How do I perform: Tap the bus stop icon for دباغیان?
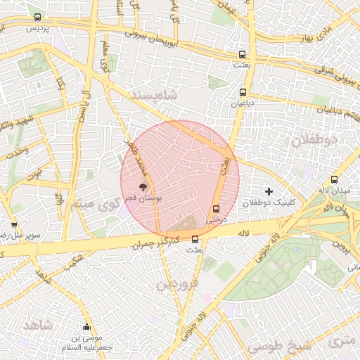click(243, 92)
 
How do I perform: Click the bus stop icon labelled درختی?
click(216, 209)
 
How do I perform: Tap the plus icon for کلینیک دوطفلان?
click(269, 191)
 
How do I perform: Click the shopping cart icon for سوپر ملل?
click(14, 225)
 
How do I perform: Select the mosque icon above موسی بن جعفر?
click(86, 326)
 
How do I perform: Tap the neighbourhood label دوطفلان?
click(314, 139)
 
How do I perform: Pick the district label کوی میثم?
click(91, 205)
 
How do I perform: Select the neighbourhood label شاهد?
click(38, 326)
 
